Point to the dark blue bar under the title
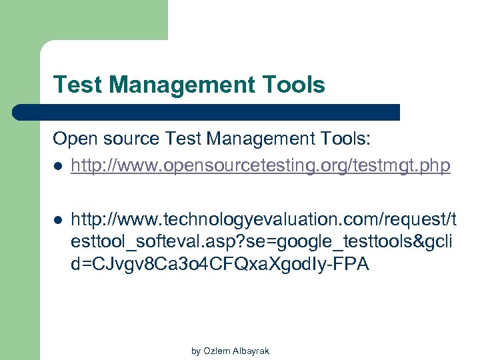point(207,112)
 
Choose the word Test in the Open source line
point(184,139)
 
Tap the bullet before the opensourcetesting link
point(58,165)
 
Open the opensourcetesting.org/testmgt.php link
point(261,165)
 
